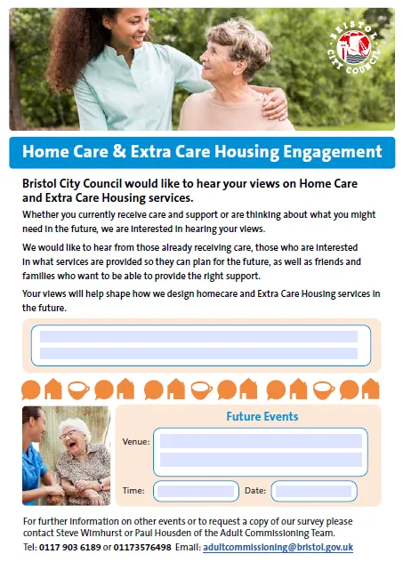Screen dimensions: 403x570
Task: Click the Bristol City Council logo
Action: (353, 48)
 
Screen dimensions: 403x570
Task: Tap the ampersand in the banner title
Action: (119, 151)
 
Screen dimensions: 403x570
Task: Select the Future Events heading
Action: (262, 416)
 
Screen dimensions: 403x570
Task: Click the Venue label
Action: (136, 442)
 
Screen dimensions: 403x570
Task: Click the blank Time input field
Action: (196, 491)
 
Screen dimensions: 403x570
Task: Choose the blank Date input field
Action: (314, 491)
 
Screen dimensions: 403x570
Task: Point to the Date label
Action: (255, 491)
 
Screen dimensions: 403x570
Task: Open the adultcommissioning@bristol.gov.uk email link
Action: (278, 547)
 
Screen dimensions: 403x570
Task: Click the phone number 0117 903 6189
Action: (69, 547)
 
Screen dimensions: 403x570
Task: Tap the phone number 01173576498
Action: (142, 547)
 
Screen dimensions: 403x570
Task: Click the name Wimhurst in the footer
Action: (95, 533)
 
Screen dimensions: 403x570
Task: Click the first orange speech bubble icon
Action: (31, 390)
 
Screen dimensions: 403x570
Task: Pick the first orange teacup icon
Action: (78, 390)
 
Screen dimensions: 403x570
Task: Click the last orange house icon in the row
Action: (371, 389)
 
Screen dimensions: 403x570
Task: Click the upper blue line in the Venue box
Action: (261, 441)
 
